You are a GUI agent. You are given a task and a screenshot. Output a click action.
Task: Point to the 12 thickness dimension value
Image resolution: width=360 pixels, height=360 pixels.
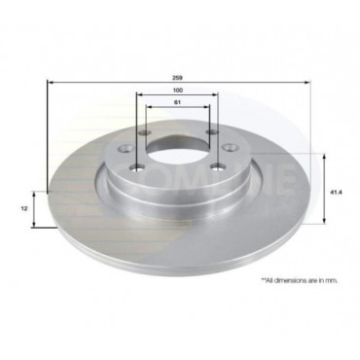(24, 207)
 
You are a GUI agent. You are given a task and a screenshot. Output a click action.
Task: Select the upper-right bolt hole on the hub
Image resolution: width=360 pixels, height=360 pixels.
(211, 135)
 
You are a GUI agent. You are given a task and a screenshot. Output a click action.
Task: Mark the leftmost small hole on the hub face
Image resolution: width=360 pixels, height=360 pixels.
(127, 150)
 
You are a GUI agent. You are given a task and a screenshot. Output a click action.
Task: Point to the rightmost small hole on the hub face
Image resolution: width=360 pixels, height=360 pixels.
(231, 150)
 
